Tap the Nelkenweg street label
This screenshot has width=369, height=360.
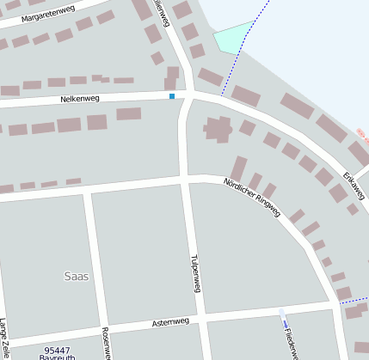(80, 100)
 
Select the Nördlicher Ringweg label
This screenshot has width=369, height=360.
(252, 198)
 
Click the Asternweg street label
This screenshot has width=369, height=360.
(169, 322)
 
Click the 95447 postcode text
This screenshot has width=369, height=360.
(57, 350)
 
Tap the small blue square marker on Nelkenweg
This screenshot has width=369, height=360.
(172, 96)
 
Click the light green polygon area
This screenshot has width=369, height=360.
(232, 37)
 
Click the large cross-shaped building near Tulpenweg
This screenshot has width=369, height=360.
(218, 129)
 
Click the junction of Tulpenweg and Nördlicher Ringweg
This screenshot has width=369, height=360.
(187, 179)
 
